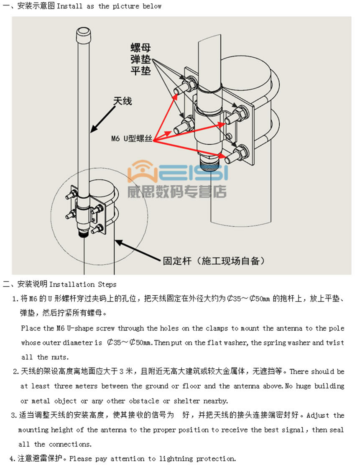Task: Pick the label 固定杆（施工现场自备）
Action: click(213, 261)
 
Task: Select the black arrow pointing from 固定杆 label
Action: click(138, 251)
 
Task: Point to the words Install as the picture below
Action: click(109, 6)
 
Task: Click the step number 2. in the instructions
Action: click(15, 371)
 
